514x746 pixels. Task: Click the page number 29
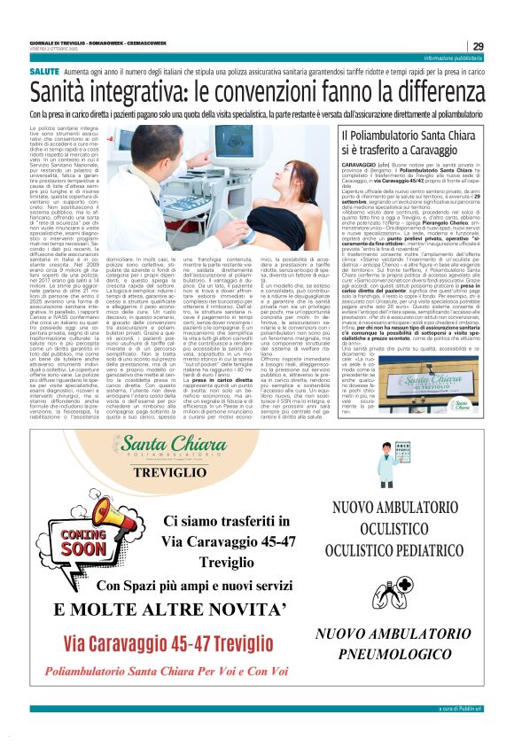tap(478, 46)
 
